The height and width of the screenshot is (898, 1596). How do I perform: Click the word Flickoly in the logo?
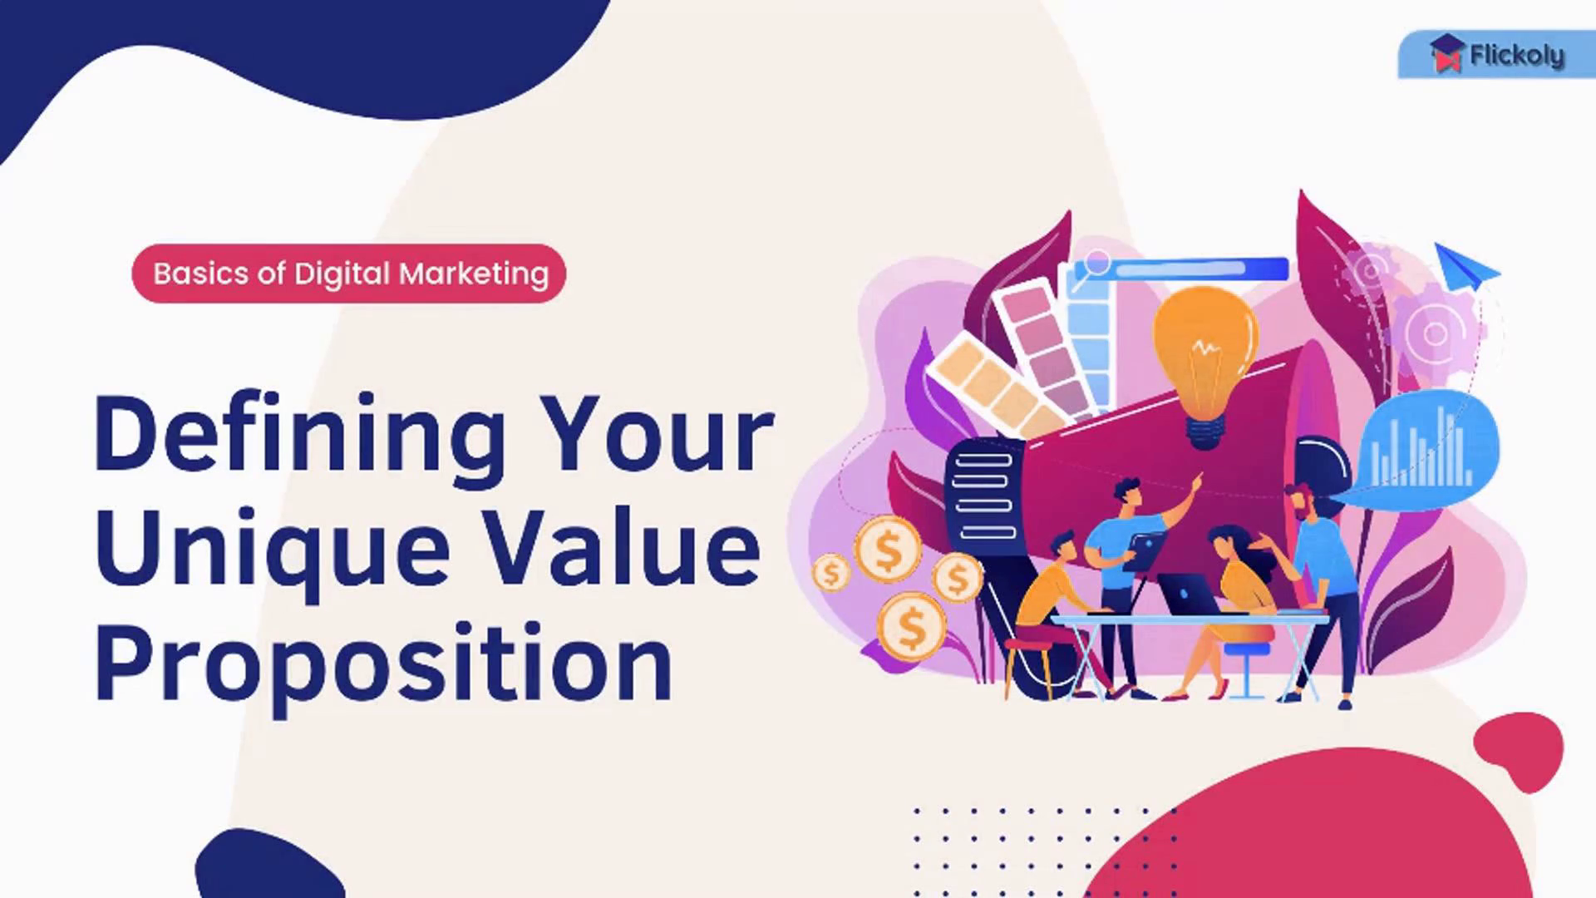click(x=1516, y=56)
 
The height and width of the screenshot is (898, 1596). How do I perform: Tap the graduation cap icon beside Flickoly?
click(x=1447, y=52)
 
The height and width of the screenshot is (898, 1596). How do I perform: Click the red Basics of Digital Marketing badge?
click(x=349, y=274)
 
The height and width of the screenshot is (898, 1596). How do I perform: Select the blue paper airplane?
click(x=1465, y=265)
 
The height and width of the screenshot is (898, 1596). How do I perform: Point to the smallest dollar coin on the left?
click(x=831, y=573)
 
